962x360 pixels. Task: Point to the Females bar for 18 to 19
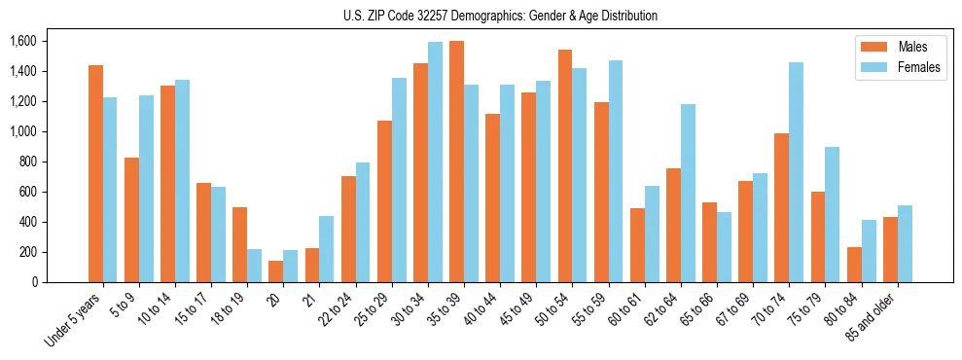(254, 266)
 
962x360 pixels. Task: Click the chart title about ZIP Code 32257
(500, 16)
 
